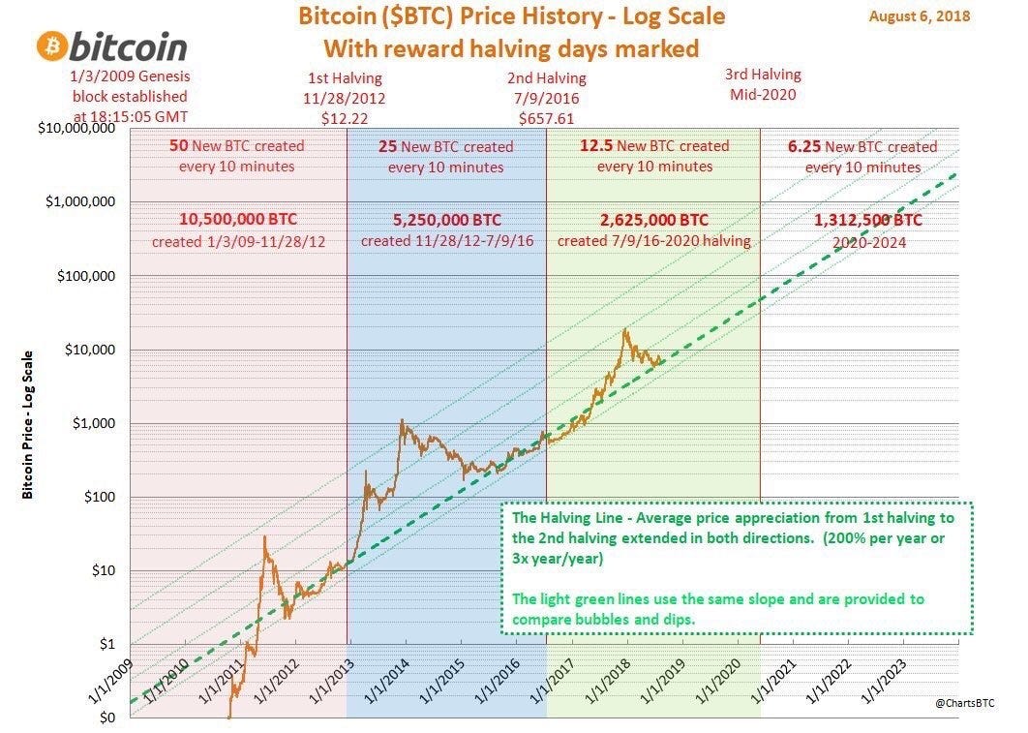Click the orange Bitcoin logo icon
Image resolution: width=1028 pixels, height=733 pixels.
[x=51, y=46]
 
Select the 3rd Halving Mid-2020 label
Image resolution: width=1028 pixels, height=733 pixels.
[x=763, y=84]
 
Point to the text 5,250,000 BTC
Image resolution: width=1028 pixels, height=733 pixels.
[x=446, y=220]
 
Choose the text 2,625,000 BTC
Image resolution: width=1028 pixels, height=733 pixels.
[x=653, y=220]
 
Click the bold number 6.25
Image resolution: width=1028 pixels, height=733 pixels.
[x=801, y=146]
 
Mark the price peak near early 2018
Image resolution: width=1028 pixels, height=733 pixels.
[x=625, y=329]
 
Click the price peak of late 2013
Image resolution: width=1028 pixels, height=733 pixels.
[x=401, y=420]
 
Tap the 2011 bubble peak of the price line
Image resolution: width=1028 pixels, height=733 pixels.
[x=265, y=536]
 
